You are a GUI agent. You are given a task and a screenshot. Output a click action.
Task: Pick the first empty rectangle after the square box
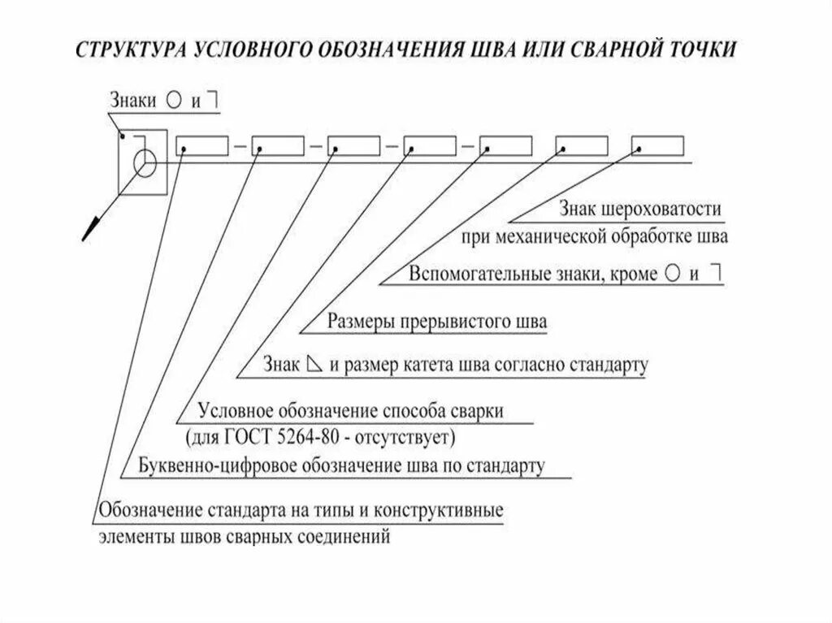tap(202, 146)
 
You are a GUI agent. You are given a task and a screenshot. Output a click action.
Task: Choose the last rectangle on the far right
tap(659, 146)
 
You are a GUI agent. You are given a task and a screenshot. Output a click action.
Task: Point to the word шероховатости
tap(663, 210)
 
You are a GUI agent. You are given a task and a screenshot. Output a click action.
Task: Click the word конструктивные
tap(442, 512)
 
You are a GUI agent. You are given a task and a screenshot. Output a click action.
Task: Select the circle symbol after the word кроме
tap(672, 273)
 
